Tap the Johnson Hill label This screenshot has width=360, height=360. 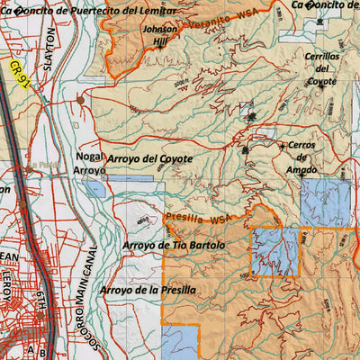(159, 35)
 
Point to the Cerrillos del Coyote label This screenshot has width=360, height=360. (321, 68)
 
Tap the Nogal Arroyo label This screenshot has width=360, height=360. (90, 163)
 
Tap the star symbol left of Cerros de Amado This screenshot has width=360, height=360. (283, 146)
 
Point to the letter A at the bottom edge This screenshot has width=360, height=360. (31, 352)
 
